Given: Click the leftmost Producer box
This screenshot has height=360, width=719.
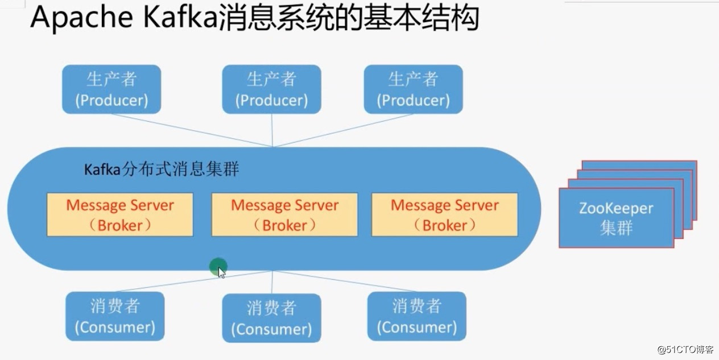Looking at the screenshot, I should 111,89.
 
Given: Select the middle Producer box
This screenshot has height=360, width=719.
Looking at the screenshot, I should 271,89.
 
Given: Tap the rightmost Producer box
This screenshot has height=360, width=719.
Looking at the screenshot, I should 413,89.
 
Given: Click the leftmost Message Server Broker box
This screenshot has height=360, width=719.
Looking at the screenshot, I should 120,214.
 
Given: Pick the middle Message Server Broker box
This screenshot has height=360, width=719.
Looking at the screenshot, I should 284,214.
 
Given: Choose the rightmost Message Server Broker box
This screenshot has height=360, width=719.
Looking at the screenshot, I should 444,214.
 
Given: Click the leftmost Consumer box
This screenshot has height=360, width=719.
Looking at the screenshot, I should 115,316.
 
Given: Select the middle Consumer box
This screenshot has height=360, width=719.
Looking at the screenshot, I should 271,318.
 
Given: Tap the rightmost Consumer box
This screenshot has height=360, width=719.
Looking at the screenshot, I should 416,316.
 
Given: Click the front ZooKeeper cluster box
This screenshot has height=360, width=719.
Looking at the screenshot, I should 616,218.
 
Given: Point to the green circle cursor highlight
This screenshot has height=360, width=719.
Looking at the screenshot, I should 217,266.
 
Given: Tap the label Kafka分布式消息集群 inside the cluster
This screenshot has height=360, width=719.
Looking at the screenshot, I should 162,169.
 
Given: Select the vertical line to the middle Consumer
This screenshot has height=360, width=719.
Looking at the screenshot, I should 272,282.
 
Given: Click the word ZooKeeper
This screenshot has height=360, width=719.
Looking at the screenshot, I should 616,208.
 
